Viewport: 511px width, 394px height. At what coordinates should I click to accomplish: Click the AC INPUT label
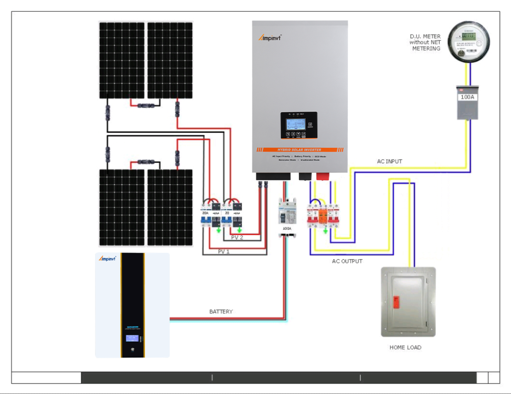click(x=389, y=162)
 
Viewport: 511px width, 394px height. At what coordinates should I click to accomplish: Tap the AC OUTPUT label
click(x=347, y=261)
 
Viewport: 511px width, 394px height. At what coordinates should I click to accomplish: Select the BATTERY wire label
click(x=221, y=312)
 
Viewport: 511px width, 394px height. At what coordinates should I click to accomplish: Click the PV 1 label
click(x=224, y=252)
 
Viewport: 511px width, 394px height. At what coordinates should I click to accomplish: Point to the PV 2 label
click(x=237, y=237)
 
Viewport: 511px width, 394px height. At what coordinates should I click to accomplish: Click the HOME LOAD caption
click(x=405, y=348)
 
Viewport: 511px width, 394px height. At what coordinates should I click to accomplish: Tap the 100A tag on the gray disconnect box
click(x=467, y=97)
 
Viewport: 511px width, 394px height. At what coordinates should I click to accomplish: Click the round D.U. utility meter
click(x=468, y=42)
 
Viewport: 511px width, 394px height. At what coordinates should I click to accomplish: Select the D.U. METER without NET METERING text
click(x=425, y=43)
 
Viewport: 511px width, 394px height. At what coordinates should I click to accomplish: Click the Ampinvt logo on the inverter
click(x=270, y=38)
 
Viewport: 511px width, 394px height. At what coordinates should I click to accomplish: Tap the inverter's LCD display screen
click(x=296, y=125)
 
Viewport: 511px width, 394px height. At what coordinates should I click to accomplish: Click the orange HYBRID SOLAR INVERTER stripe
click(x=299, y=150)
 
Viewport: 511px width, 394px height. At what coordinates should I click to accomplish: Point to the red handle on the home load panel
click(x=396, y=302)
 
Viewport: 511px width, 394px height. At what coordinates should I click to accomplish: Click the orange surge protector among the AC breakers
click(x=323, y=216)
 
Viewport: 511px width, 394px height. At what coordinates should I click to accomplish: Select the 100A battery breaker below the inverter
click(x=287, y=214)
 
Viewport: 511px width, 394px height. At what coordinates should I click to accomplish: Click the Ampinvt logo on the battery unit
click(x=107, y=259)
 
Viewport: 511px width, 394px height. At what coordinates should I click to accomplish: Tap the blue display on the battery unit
click(x=132, y=338)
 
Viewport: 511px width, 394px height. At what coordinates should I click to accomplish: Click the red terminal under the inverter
click(x=323, y=177)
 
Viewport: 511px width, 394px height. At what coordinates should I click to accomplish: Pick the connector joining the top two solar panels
click(x=146, y=106)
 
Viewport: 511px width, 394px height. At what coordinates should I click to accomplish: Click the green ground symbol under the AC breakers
click(x=325, y=231)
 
